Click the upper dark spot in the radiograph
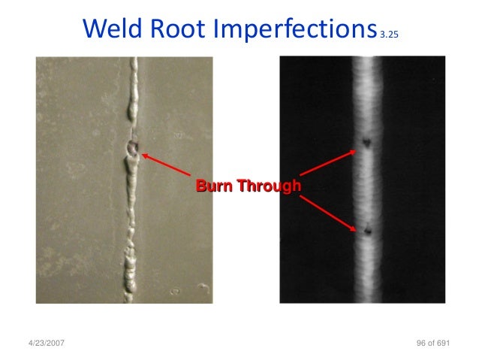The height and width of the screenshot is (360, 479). click(367, 141)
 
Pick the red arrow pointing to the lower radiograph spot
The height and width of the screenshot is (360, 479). click(329, 210)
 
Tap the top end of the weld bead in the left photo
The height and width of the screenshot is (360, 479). click(134, 62)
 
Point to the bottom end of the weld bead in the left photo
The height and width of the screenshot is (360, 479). click(129, 299)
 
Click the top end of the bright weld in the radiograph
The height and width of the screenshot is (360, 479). click(369, 60)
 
